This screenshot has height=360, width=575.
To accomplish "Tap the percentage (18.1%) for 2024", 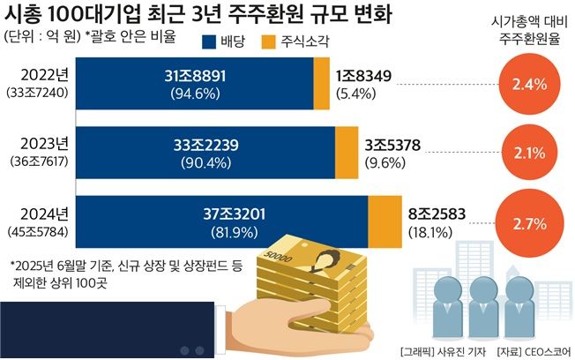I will point(430,231).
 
